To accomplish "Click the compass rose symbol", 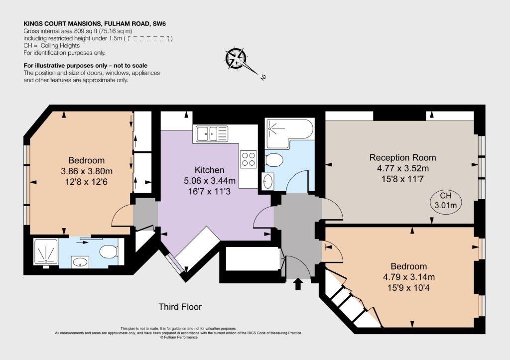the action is pyautogui.click(x=237, y=59).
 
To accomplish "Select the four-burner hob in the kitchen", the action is pyautogui.click(x=248, y=159).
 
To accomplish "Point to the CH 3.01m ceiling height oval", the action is pyautogui.click(x=446, y=201).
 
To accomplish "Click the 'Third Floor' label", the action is pyautogui.click(x=180, y=307).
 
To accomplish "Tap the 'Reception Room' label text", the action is pyautogui.click(x=402, y=158).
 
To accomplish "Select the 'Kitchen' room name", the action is pyautogui.click(x=210, y=170).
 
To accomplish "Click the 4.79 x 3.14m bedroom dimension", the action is pyautogui.click(x=409, y=277).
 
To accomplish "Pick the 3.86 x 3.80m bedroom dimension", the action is pyautogui.click(x=87, y=171).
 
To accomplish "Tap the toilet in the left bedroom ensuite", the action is pyautogui.click(x=108, y=251).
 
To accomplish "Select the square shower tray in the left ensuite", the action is pyautogui.click(x=46, y=252).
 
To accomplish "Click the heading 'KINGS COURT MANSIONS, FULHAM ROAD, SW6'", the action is pyautogui.click(x=95, y=24).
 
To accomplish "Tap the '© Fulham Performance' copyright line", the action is pyautogui.click(x=179, y=337).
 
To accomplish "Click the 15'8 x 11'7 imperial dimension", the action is pyautogui.click(x=402, y=179).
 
